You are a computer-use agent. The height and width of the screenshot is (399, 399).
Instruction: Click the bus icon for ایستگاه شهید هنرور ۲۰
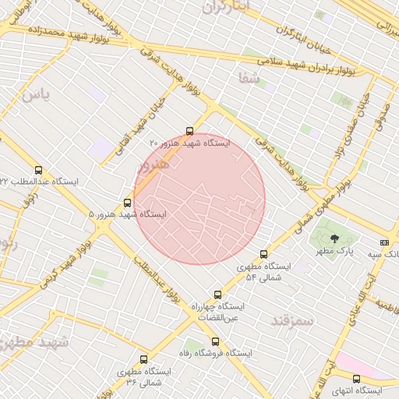coord(189,131)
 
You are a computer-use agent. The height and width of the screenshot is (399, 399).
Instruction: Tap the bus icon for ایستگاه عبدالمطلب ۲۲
coord(39,170)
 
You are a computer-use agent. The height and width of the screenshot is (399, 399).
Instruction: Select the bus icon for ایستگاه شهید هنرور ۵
coord(128,203)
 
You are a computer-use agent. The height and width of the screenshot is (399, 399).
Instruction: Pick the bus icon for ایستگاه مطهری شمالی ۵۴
coord(263,254)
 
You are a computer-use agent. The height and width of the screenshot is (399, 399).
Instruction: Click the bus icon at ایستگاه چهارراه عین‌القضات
coord(217,295)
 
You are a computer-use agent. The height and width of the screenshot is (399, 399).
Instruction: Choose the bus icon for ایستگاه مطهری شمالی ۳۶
coord(143,360)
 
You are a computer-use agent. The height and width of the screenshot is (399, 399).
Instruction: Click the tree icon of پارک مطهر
coord(335,239)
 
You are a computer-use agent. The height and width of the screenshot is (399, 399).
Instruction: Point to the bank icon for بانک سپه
coord(383,243)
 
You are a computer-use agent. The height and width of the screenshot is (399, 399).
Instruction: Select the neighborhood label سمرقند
coord(291,320)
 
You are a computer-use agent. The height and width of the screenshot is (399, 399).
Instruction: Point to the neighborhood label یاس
coord(35,95)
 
